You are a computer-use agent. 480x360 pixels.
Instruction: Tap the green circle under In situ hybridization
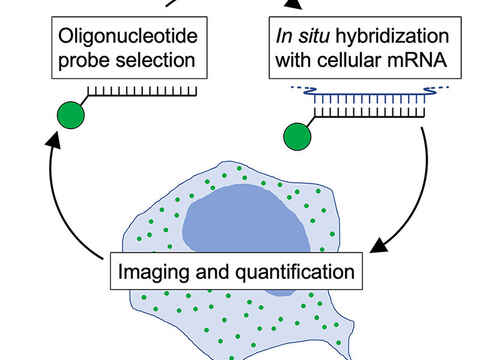tap(298, 135)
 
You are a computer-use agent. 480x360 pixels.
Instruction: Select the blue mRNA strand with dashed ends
tap(360, 96)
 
